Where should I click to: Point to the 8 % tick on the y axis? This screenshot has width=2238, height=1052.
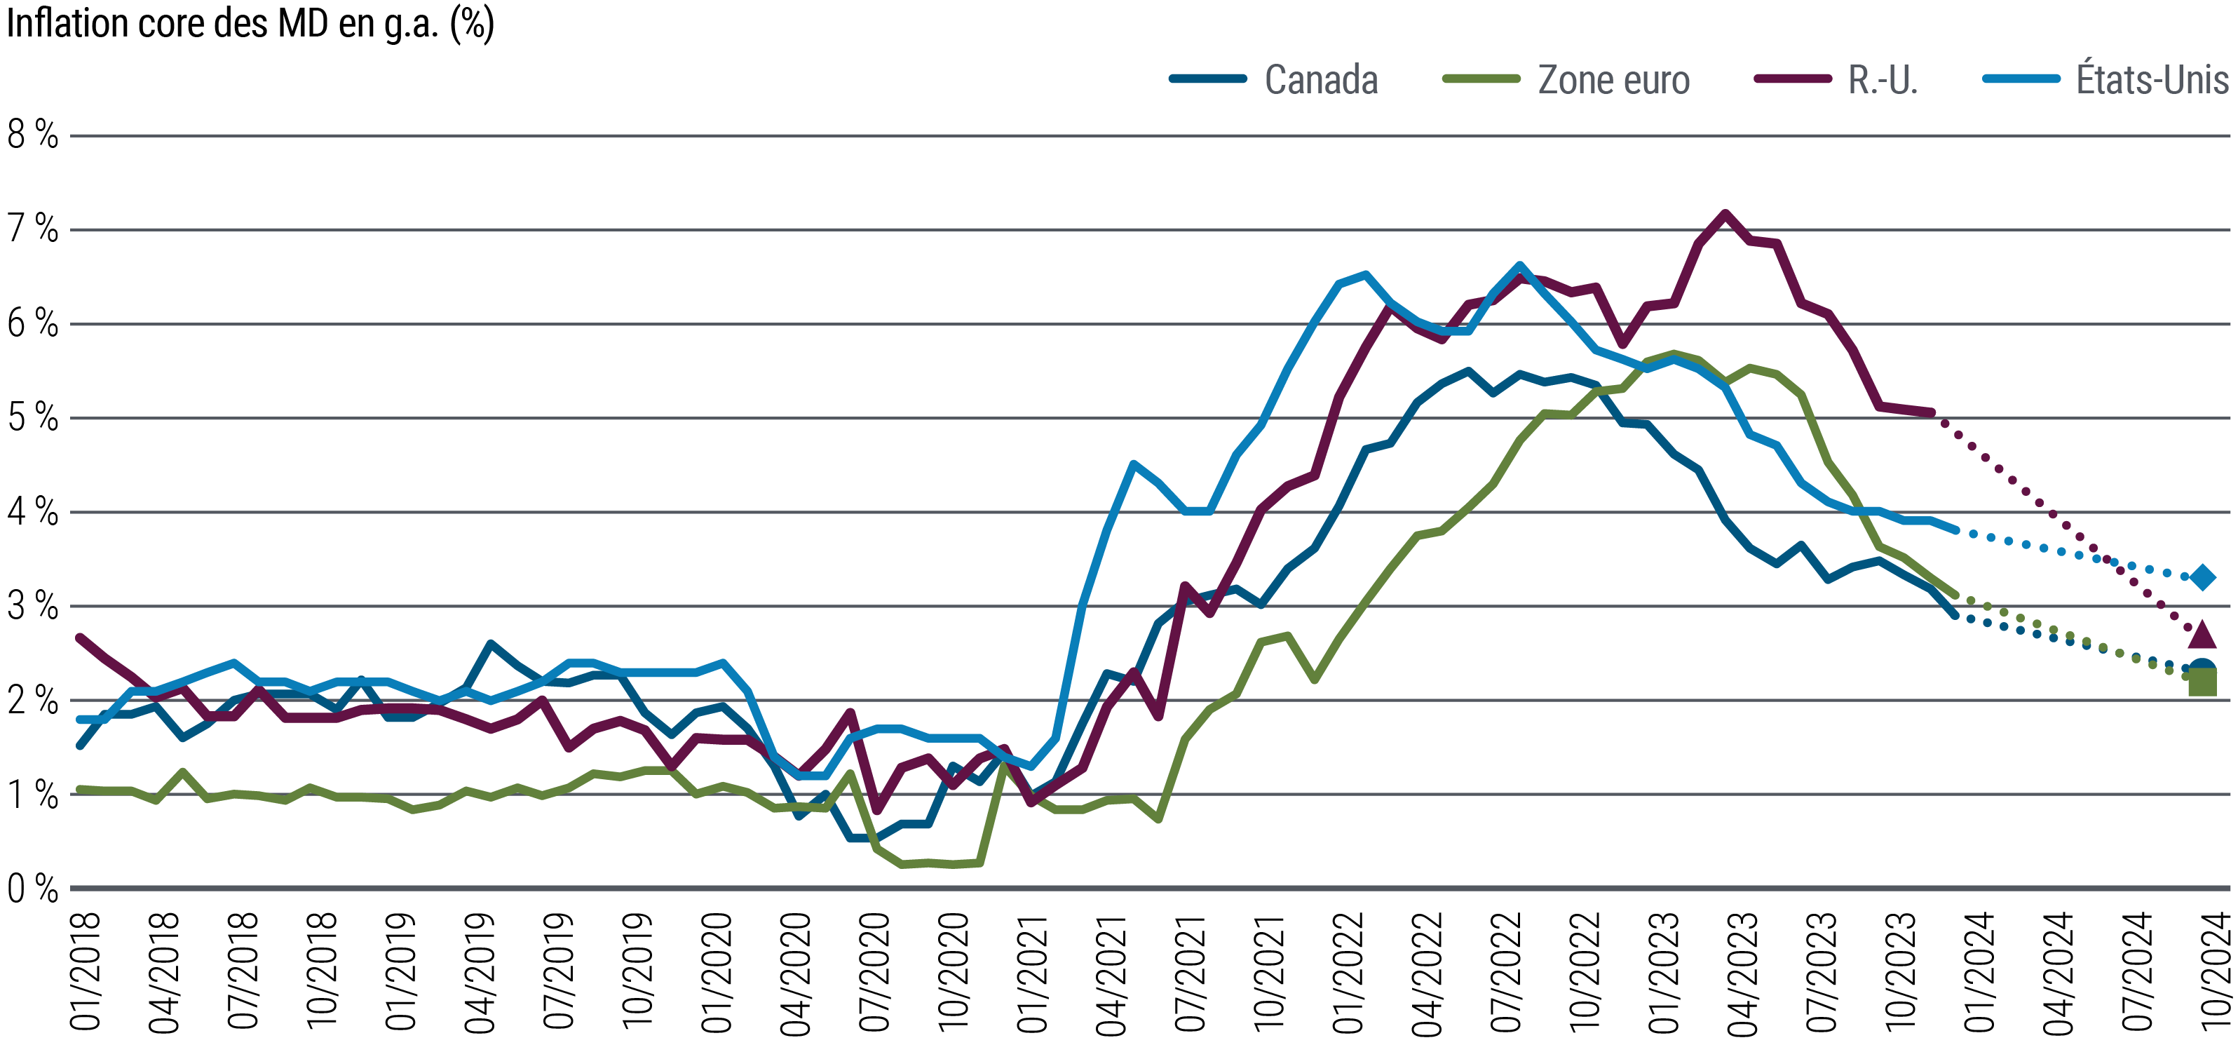pyautogui.click(x=33, y=135)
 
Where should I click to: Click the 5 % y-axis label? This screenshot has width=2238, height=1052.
pyautogui.click(x=33, y=419)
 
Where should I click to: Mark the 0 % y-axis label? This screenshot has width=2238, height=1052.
pyautogui.click(x=33, y=889)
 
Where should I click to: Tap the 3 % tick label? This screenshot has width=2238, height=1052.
pyautogui.click(x=33, y=607)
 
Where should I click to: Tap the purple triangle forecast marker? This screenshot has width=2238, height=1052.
pyautogui.click(x=2202, y=635)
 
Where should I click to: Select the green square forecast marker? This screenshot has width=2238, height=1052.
pyautogui.click(x=2202, y=684)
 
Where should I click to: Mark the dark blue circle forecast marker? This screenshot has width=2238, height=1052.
pyautogui.click(x=2202, y=670)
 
